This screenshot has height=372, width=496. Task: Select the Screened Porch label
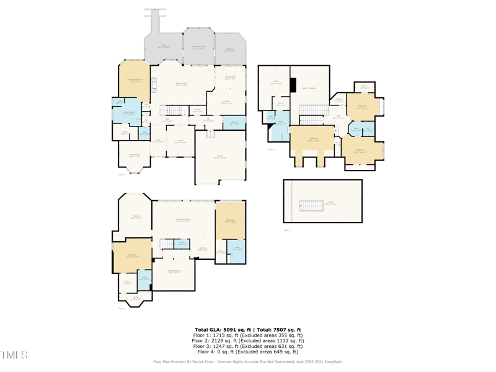pos(199,48)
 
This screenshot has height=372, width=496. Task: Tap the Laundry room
pos(234,123)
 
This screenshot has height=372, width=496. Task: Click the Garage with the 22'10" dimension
pos(219,157)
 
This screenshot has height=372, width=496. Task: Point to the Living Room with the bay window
pos(134,156)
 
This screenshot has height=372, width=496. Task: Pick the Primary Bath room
pos(128,113)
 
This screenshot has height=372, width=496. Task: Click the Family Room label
pos(182,84)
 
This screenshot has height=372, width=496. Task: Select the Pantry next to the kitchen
pos(198,110)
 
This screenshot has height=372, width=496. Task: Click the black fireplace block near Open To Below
pos(294,86)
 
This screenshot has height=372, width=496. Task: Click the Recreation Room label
pos(183,220)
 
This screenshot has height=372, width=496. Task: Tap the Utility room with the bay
pos(135,298)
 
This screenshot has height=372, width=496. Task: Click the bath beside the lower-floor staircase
pos(182,244)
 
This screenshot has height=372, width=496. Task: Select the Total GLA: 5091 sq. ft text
pos(221,330)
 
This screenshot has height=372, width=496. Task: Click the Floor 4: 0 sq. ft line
pos(248,352)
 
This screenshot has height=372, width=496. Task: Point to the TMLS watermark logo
pos(14,355)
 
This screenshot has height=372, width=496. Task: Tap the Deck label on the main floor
pos(164,46)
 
